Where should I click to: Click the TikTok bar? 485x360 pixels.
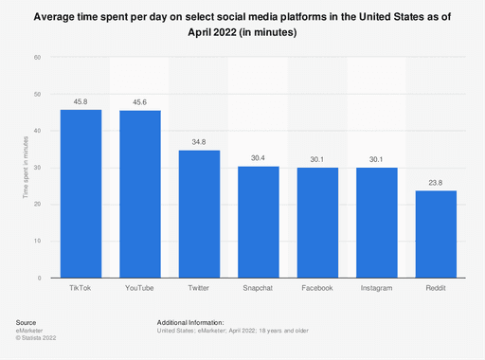click(x=81, y=193)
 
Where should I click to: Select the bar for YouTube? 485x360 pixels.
click(x=140, y=194)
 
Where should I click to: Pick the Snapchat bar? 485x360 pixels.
click(x=258, y=222)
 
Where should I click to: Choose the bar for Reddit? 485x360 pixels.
click(x=436, y=234)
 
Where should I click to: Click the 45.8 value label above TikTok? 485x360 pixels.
click(x=81, y=100)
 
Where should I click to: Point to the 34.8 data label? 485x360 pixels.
click(x=199, y=141)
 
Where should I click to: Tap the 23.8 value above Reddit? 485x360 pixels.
click(x=436, y=182)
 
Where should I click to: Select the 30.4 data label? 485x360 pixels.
click(x=258, y=157)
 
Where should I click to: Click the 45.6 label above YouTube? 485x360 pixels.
click(x=140, y=101)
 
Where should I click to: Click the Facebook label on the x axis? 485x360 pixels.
click(x=317, y=287)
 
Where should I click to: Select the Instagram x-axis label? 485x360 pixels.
click(x=376, y=287)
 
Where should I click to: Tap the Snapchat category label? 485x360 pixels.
click(x=258, y=287)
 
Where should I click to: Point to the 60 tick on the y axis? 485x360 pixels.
click(x=38, y=58)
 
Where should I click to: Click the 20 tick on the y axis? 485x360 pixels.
click(x=38, y=205)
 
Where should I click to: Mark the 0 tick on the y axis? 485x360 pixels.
click(x=40, y=278)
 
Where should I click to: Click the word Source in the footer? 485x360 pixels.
click(x=27, y=323)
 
